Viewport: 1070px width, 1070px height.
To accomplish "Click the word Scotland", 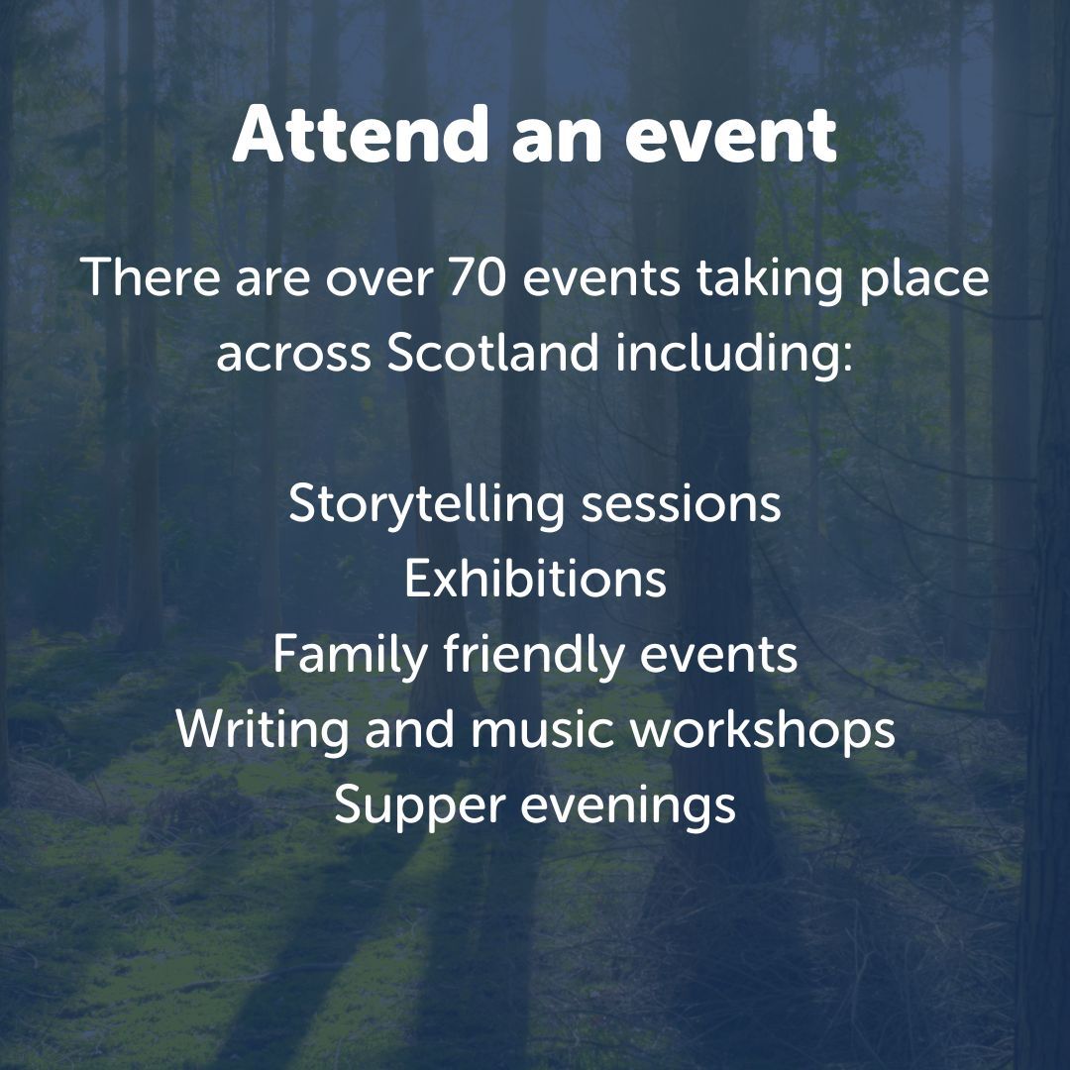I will (492, 354).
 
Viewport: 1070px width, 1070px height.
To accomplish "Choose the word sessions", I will (681, 503).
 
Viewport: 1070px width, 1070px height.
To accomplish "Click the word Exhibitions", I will (535, 579).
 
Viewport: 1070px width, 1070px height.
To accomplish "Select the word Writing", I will (263, 730).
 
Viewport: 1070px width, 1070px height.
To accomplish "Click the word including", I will (733, 354).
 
